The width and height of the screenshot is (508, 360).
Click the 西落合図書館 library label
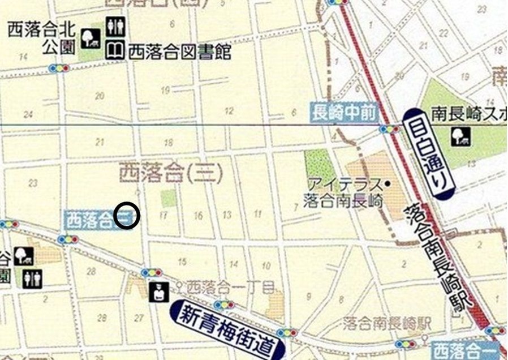pyautogui.click(x=180, y=52)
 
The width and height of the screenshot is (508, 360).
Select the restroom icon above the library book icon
pyautogui.click(x=115, y=27)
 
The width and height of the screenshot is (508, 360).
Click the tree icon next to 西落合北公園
pyautogui.click(x=90, y=38)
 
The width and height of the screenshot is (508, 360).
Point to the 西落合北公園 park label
pyautogui.click(x=41, y=38)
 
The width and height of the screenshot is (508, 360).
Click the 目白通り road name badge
pyautogui.click(x=428, y=153)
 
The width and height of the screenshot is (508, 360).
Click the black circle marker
pyautogui.click(x=127, y=216)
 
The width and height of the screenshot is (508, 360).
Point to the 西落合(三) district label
pyautogui.click(x=170, y=173)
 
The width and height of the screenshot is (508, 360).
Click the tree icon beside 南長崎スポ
pyautogui.click(x=459, y=136)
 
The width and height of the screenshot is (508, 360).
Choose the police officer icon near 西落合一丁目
pyautogui.click(x=158, y=292)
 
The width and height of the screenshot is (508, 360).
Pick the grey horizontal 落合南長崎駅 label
pyautogui.click(x=388, y=323)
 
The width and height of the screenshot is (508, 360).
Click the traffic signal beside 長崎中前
pyautogui.click(x=389, y=129)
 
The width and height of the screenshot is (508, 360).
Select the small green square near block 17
pyautogui.click(x=168, y=198)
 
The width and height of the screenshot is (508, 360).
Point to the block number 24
pyautogui.click(x=28, y=114)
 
